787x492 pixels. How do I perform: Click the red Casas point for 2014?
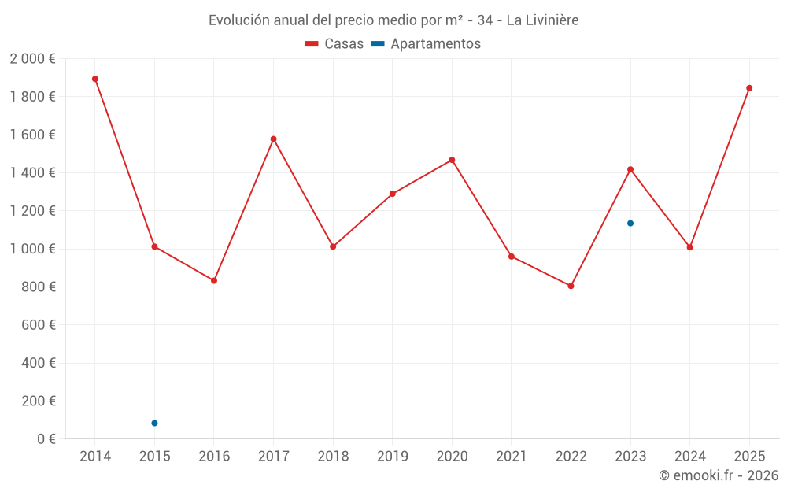point(95,79)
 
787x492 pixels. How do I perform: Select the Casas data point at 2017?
point(273,139)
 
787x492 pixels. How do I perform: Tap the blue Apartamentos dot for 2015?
point(154,424)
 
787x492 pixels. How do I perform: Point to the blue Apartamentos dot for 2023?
point(630,224)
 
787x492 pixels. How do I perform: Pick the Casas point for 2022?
point(571,286)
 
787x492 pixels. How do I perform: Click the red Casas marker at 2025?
point(749,88)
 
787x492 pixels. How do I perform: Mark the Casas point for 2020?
point(452,160)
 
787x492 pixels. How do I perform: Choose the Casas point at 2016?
point(214,280)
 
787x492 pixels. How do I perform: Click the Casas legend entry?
point(334,44)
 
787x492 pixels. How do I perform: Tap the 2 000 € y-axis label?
point(32,59)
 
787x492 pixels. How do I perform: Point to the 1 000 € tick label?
point(32,249)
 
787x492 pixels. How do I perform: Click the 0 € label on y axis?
point(46,439)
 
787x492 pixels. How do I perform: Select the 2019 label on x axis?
point(392,457)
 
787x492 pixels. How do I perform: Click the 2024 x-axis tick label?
point(689,457)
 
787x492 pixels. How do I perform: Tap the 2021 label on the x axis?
point(511,457)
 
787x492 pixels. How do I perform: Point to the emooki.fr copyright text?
point(718,475)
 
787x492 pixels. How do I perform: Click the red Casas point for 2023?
point(630,169)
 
